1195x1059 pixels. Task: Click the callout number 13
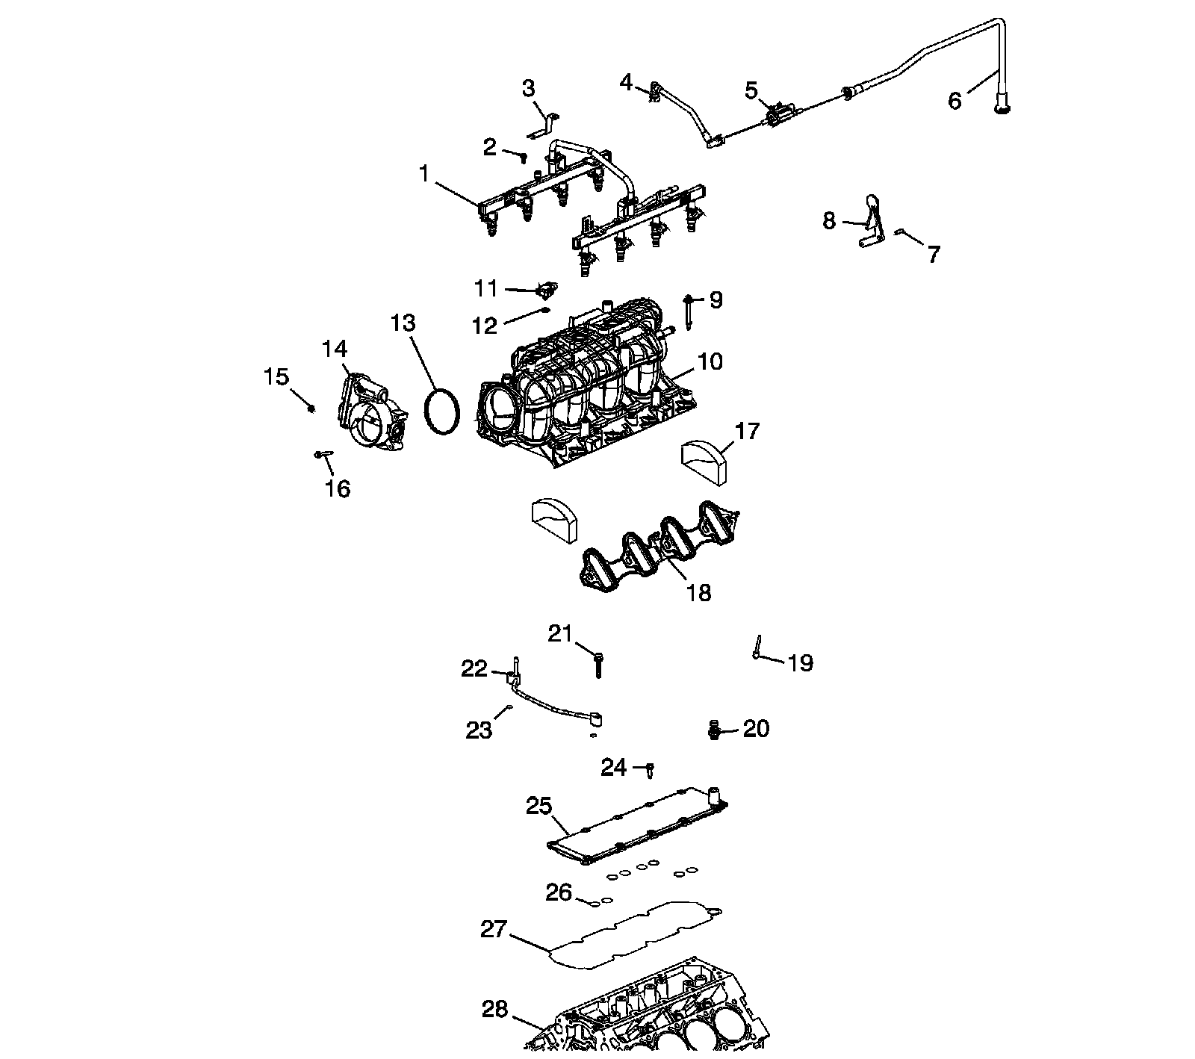tap(403, 323)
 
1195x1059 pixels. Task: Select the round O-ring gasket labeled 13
tap(441, 409)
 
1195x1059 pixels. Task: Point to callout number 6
tap(955, 100)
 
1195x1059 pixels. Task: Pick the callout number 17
tap(747, 431)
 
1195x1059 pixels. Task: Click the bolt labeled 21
tap(598, 663)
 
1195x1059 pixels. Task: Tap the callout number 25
tap(538, 807)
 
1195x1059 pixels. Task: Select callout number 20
tap(756, 728)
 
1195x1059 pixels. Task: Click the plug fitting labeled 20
tap(714, 729)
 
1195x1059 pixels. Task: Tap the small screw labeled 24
tap(651, 768)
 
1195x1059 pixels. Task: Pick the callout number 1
tap(424, 174)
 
